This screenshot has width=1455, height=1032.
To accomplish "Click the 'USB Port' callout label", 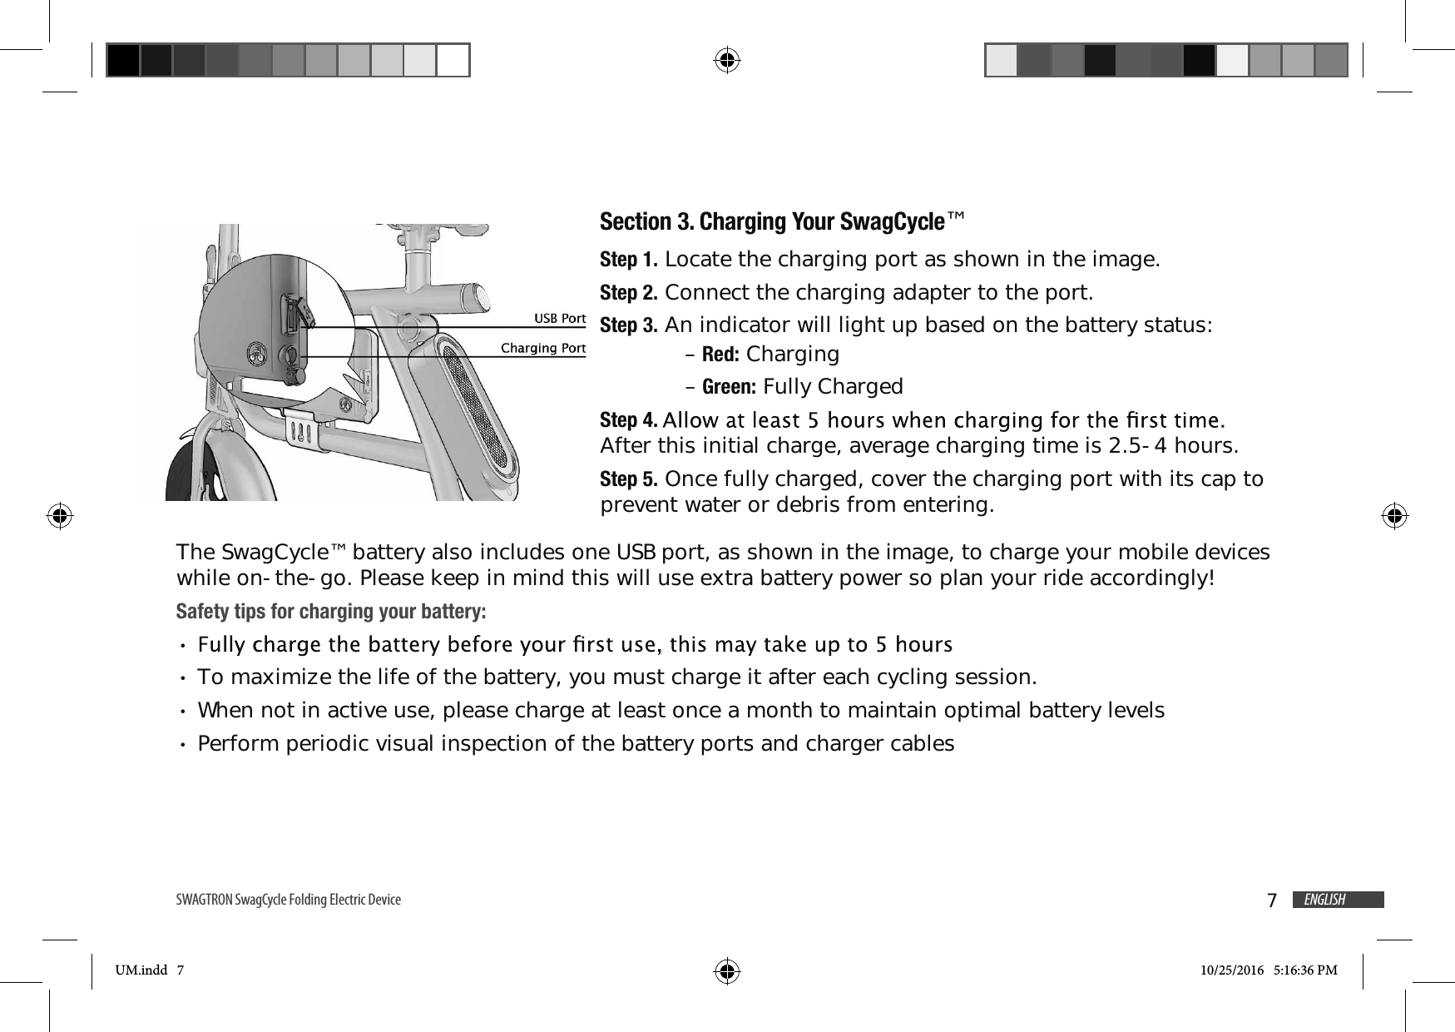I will (x=559, y=319).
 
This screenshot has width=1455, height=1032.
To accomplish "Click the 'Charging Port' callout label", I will (x=542, y=348).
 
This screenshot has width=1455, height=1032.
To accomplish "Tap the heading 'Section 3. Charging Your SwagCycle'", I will (x=781, y=222).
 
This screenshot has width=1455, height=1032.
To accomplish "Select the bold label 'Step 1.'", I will (x=630, y=260).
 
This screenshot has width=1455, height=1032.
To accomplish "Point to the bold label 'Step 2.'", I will (x=630, y=293).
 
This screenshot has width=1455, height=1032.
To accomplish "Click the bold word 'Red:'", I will (x=720, y=355).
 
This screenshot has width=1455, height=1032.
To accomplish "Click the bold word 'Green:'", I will (x=729, y=387).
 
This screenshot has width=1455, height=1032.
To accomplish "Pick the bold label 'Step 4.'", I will (x=629, y=418).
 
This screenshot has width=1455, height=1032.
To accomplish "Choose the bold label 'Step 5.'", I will (x=630, y=479).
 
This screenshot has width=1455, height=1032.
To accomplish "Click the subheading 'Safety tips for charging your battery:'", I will (x=331, y=612).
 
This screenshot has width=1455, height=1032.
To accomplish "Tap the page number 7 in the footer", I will (x=1271, y=901).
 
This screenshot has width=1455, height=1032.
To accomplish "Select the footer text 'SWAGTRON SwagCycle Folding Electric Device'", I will (x=289, y=900).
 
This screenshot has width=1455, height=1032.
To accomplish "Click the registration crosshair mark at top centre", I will (x=727, y=60).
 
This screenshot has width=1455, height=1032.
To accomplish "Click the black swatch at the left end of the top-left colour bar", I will (x=123, y=60).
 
